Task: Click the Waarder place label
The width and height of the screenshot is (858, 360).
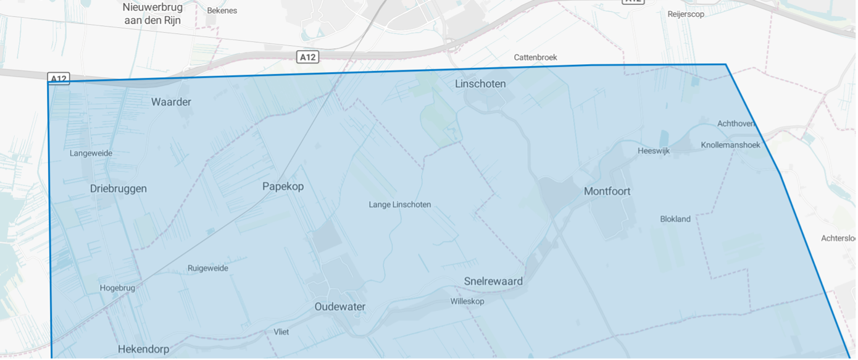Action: pos(171,102)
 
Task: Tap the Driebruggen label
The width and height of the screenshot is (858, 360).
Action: pos(119,188)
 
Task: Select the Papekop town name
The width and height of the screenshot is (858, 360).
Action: pos(283,186)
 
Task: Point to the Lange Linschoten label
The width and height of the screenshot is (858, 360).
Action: pos(400,204)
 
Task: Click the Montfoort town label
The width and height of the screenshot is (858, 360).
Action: pos(607,191)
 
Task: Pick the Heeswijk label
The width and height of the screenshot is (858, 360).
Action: pos(654,151)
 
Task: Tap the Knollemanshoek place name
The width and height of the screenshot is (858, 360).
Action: pos(731,145)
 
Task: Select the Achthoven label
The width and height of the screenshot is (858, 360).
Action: pos(736,123)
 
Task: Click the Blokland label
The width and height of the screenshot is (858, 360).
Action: pos(675,219)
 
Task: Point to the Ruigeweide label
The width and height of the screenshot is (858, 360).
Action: pos(208,268)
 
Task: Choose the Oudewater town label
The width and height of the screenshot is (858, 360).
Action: pos(340,307)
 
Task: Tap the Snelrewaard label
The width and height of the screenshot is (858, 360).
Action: pos(493,281)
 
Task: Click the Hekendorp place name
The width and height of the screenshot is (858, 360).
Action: pos(143,349)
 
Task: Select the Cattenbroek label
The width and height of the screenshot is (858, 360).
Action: pos(536,57)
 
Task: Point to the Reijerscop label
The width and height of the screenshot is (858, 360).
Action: pos(686,14)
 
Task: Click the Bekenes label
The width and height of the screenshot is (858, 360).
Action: pos(222,10)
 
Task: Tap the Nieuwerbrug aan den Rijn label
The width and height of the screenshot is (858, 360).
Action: pos(152,13)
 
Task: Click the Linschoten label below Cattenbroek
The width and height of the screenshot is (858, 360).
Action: pos(480,83)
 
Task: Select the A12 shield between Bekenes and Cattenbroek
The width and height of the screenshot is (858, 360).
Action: pos(307,57)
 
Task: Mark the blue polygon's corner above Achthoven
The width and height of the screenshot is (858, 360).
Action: pos(725,64)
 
